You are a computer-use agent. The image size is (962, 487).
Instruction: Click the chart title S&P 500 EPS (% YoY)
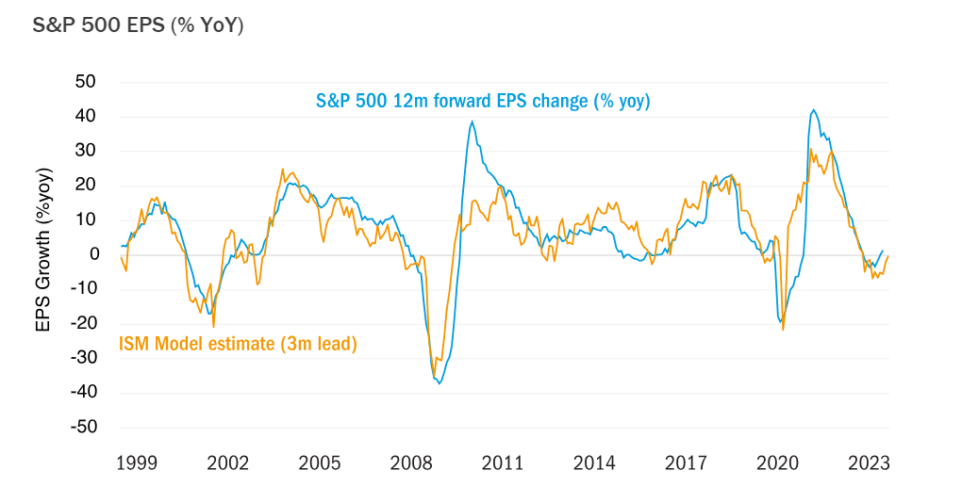tap(139, 25)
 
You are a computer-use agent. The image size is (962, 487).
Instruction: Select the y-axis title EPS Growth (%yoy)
tap(42, 250)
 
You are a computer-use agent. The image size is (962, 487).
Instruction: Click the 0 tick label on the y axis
tap(94, 254)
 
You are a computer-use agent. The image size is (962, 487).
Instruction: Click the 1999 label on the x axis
tap(136, 463)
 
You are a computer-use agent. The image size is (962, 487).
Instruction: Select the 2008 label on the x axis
tap(410, 463)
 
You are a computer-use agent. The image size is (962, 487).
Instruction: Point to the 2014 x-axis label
tap(594, 463)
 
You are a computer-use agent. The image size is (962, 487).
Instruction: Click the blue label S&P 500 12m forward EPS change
tap(483, 101)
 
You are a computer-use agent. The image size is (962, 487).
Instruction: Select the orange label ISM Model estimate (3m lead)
tap(238, 344)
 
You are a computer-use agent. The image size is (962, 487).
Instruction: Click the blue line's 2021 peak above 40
tap(813, 109)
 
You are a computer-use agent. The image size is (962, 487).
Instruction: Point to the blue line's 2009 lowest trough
tap(440, 382)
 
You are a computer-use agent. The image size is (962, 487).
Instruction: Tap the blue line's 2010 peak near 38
tap(473, 122)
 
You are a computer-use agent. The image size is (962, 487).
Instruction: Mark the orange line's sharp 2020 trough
tap(783, 329)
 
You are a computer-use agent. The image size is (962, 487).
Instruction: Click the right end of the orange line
tap(888, 256)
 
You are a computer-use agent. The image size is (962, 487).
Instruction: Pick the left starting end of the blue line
tap(122, 246)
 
